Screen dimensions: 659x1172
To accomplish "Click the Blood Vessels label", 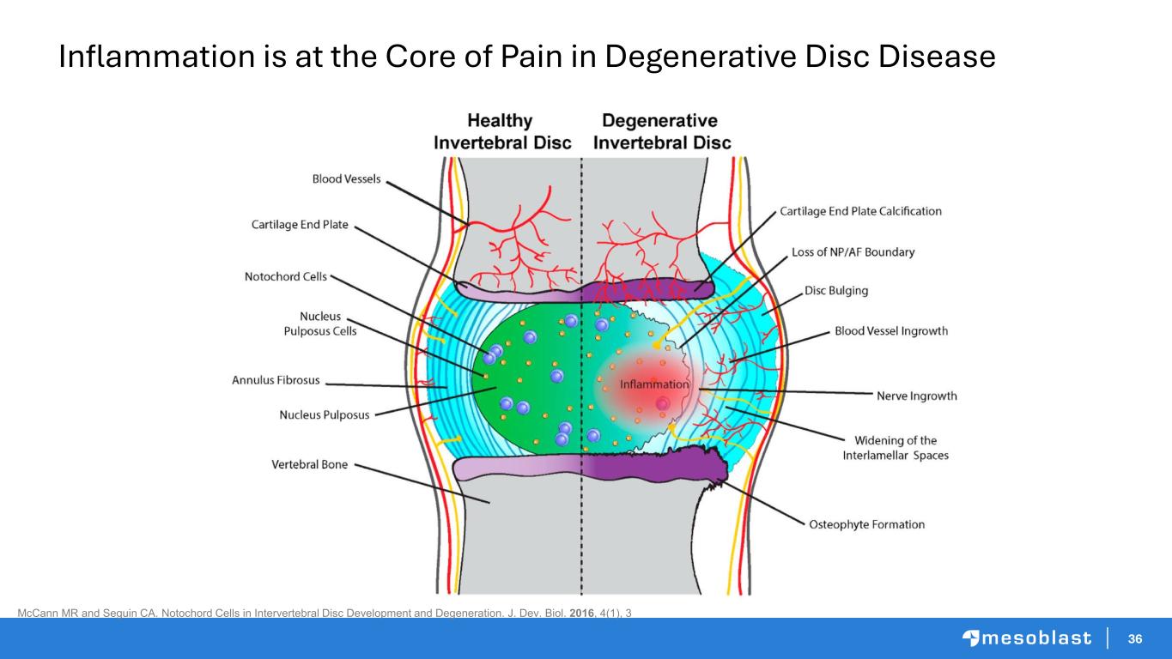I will tap(346, 179).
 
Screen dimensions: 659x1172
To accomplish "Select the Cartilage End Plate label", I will tap(300, 225).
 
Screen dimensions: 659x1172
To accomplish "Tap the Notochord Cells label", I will tap(285, 276).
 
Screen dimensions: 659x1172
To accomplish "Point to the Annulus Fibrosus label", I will tap(276, 379).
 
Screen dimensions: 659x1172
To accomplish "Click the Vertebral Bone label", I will tap(310, 464).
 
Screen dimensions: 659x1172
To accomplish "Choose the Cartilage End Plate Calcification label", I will tap(860, 211).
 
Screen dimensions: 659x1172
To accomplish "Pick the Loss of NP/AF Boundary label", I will tap(853, 252).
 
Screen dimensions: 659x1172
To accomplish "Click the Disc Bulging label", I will tap(836, 291).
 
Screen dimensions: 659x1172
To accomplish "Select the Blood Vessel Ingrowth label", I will tap(891, 331).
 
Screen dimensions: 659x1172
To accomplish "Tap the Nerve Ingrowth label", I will tap(916, 396).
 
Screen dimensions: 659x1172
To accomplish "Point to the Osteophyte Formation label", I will tap(867, 524).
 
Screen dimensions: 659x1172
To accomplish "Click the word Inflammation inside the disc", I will tap(654, 384).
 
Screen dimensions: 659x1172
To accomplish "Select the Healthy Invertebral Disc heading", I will tap(502, 131).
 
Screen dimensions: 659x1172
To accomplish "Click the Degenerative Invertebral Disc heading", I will tap(662, 131).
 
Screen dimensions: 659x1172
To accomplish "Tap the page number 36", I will tap(1135, 638).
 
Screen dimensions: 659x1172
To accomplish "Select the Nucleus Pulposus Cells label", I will tap(320, 323).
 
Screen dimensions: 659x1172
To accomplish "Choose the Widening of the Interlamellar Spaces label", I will tap(896, 448).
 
